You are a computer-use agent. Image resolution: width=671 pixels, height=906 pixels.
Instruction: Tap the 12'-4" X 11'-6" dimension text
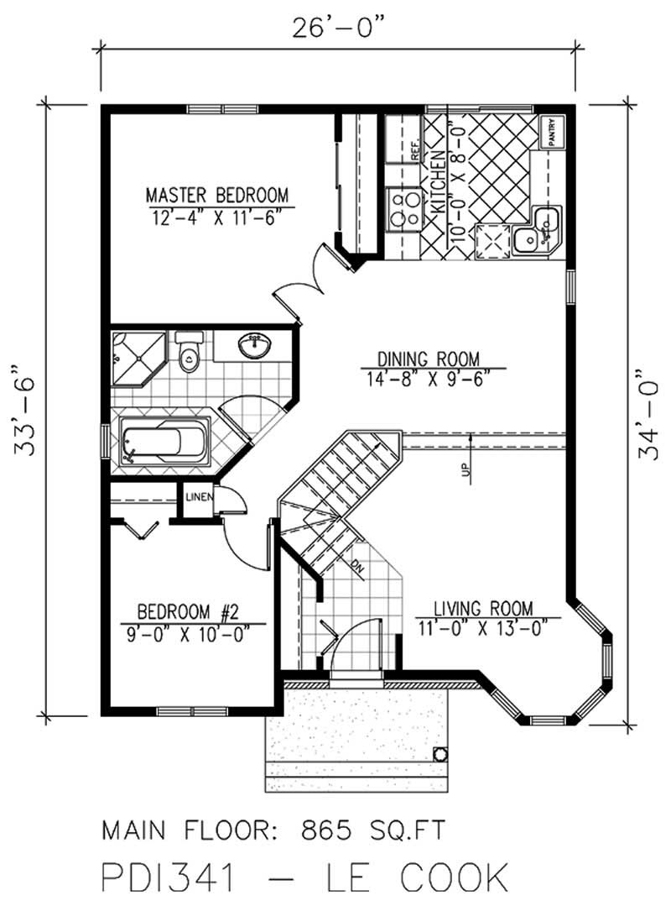pos(216,217)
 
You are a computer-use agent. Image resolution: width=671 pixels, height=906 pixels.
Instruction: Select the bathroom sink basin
pos(254,344)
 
